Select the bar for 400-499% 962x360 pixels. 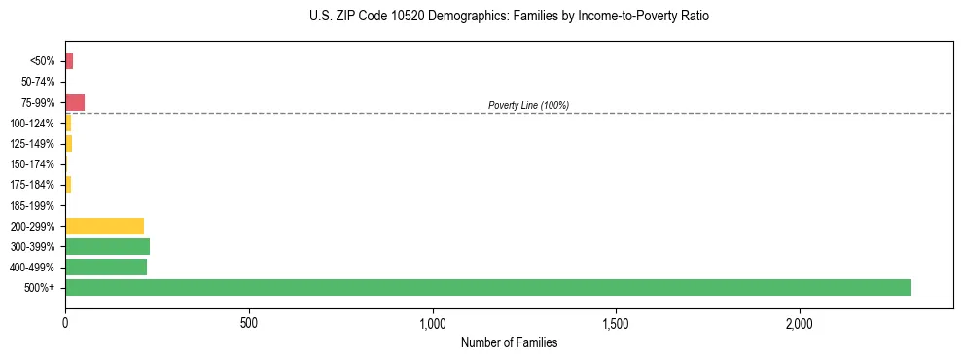coord(106,267)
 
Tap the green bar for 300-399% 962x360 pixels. coord(107,246)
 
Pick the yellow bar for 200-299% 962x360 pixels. coord(104,226)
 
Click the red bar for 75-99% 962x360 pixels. coord(75,102)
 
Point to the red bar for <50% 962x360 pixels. coord(69,61)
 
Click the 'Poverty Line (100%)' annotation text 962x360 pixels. coord(528,105)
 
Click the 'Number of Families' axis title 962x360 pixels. coord(509,342)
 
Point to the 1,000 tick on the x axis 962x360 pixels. coord(433,322)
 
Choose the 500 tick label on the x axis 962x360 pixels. coord(249,322)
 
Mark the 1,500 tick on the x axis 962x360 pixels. coord(617,322)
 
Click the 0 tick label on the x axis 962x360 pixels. coord(65,322)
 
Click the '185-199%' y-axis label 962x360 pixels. coord(34,205)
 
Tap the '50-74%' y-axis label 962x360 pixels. coord(38,82)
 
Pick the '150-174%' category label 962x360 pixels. coord(34,164)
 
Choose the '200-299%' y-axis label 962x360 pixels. coord(34,226)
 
